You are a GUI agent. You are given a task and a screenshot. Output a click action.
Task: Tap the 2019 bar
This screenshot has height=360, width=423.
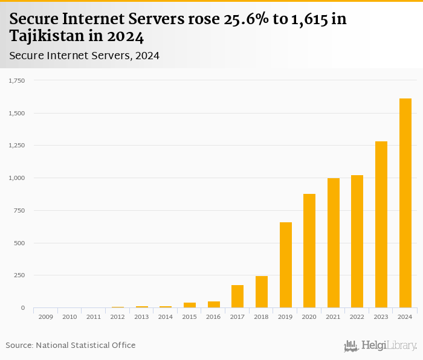pyautogui.click(x=285, y=265)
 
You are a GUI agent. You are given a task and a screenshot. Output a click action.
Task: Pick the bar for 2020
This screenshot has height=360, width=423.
pyautogui.click(x=309, y=251)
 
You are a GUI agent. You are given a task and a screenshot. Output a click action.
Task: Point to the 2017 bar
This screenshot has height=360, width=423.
pyautogui.click(x=237, y=297)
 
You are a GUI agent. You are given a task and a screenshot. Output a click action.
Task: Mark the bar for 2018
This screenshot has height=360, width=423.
pyautogui.click(x=262, y=292)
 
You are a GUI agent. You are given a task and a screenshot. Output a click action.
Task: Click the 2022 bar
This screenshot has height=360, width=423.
pyautogui.click(x=357, y=242)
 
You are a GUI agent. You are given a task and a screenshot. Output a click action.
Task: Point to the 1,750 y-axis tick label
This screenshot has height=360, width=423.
pyautogui.click(x=16, y=80)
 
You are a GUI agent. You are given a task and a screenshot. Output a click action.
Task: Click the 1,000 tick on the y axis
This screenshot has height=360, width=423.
pyautogui.click(x=16, y=178)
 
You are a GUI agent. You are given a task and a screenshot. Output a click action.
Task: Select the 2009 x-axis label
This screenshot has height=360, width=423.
pyautogui.click(x=45, y=317)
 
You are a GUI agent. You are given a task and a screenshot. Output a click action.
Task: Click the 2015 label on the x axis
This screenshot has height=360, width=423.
pyautogui.click(x=189, y=317)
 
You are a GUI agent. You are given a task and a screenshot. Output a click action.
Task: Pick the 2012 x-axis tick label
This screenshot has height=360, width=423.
pyautogui.click(x=117, y=317)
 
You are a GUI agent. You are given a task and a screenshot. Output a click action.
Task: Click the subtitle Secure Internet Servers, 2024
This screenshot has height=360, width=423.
pyautogui.click(x=84, y=56)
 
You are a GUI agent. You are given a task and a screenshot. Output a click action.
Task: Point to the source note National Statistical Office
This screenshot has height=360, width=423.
pyautogui.click(x=85, y=345)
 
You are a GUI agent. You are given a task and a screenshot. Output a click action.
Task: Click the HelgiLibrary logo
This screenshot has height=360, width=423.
pyautogui.click(x=380, y=346)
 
